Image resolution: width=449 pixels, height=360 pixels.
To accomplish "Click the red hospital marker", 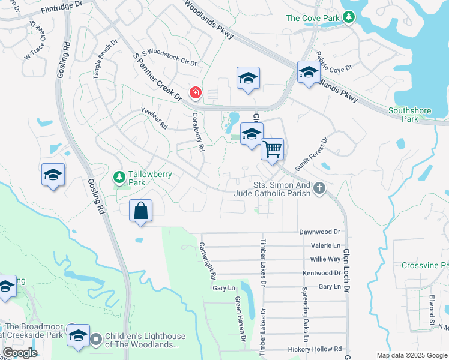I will pyautogui.click(x=196, y=93).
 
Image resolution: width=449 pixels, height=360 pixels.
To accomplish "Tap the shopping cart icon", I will pyautogui.click(x=273, y=149).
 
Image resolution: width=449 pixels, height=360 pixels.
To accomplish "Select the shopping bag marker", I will pyautogui.click(x=140, y=211).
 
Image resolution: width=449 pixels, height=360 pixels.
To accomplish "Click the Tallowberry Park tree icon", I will pyautogui.click(x=119, y=177).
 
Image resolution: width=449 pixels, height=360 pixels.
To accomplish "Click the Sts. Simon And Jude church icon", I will pyautogui.click(x=319, y=189).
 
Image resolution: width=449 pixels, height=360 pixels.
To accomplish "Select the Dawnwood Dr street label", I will pyautogui.click(x=319, y=232).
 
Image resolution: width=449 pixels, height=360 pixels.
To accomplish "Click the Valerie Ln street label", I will pyautogui.click(x=325, y=245).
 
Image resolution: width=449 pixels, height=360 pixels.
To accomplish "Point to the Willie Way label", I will pyautogui.click(x=325, y=259).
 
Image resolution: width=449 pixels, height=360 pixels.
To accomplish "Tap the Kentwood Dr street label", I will pyautogui.click(x=322, y=273).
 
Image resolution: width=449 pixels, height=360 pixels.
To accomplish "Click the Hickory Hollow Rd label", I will pyautogui.click(x=321, y=349).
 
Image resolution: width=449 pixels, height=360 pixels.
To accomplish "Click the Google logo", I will pyautogui.click(x=20, y=353).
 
